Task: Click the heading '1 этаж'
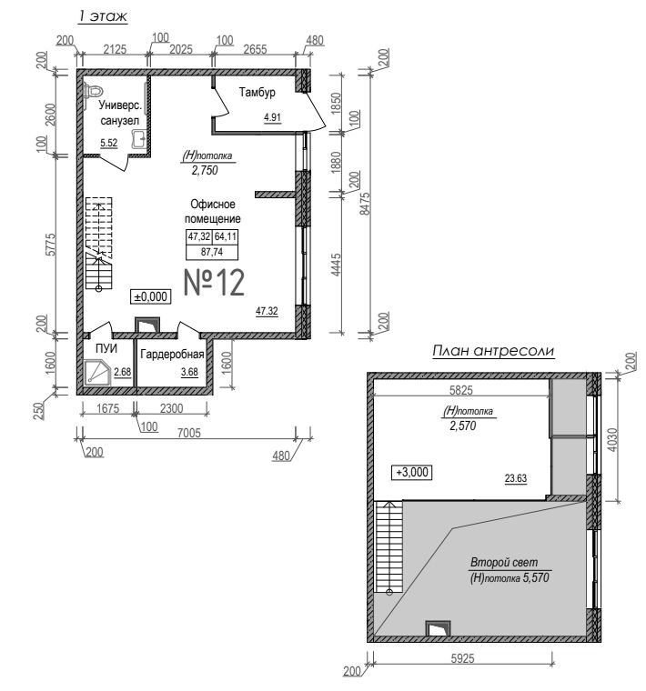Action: point(102,15)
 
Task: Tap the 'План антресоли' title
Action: point(493,351)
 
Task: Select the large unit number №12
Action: point(214,283)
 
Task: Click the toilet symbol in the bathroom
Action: point(93,91)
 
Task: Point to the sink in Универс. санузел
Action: point(138,139)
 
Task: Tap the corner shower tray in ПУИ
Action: point(97,373)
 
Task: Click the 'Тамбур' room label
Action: point(257,92)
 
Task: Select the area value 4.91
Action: point(272,117)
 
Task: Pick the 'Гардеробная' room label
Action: point(172,354)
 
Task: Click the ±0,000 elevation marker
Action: point(151,296)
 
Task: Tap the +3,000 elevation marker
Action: point(412,472)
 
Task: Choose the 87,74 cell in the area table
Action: point(212,252)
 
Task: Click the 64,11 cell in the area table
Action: point(226,236)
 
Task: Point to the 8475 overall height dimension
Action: point(365,203)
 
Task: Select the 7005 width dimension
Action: point(188,433)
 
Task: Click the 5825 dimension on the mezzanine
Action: point(460,389)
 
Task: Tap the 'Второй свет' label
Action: point(504,562)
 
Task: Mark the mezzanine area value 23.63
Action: point(516,478)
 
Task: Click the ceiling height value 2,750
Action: point(205,170)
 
